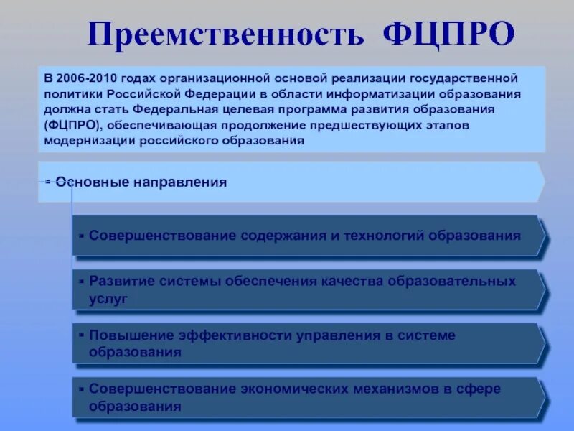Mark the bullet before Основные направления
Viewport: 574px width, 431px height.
pos(48,182)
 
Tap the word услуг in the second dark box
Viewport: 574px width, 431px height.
pos(108,298)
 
